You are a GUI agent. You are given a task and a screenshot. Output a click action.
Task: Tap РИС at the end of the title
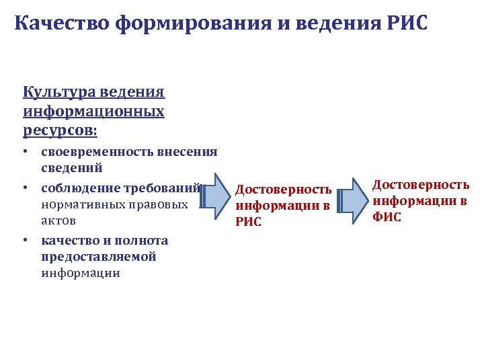coord(406,25)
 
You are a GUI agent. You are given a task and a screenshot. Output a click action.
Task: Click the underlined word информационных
coord(93,110)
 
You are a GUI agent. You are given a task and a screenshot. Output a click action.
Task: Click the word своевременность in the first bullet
coord(97,152)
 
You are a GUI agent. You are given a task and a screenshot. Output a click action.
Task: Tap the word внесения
coord(188,152)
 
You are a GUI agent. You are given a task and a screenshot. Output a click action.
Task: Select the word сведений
coord(71,167)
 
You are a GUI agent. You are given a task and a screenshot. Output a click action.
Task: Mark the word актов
coord(58,220)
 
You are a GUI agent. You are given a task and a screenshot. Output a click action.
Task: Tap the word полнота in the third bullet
coord(143,240)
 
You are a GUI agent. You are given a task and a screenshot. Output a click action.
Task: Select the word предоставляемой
coord(99,256)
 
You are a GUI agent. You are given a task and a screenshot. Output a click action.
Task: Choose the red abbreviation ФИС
coord(387,217)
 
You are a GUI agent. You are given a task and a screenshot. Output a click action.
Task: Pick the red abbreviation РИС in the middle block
coord(249,223)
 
